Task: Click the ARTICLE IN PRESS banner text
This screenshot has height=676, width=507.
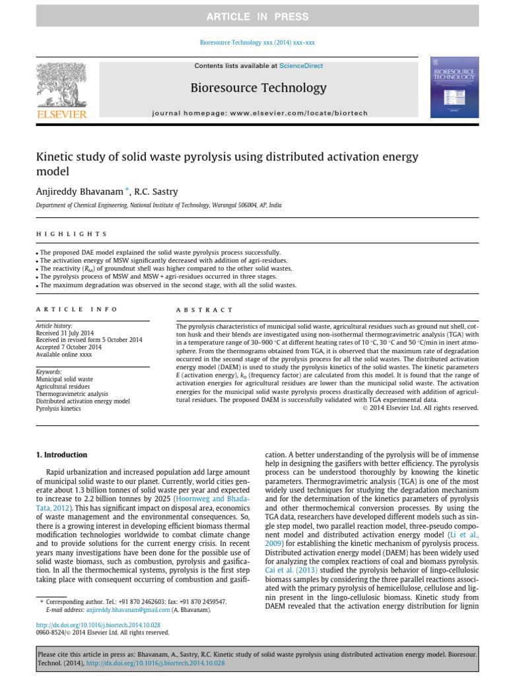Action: click(x=257, y=16)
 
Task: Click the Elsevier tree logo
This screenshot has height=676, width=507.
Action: click(x=63, y=89)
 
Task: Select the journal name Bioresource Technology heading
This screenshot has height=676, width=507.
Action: click(x=258, y=88)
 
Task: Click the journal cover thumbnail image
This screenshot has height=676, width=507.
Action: click(x=454, y=88)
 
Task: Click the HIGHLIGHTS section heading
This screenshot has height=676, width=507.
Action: click(x=71, y=234)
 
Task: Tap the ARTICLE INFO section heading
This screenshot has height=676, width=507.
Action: click(x=77, y=309)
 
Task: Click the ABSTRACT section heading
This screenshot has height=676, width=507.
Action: click(x=205, y=309)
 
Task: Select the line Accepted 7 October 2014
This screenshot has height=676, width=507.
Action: click(x=69, y=347)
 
